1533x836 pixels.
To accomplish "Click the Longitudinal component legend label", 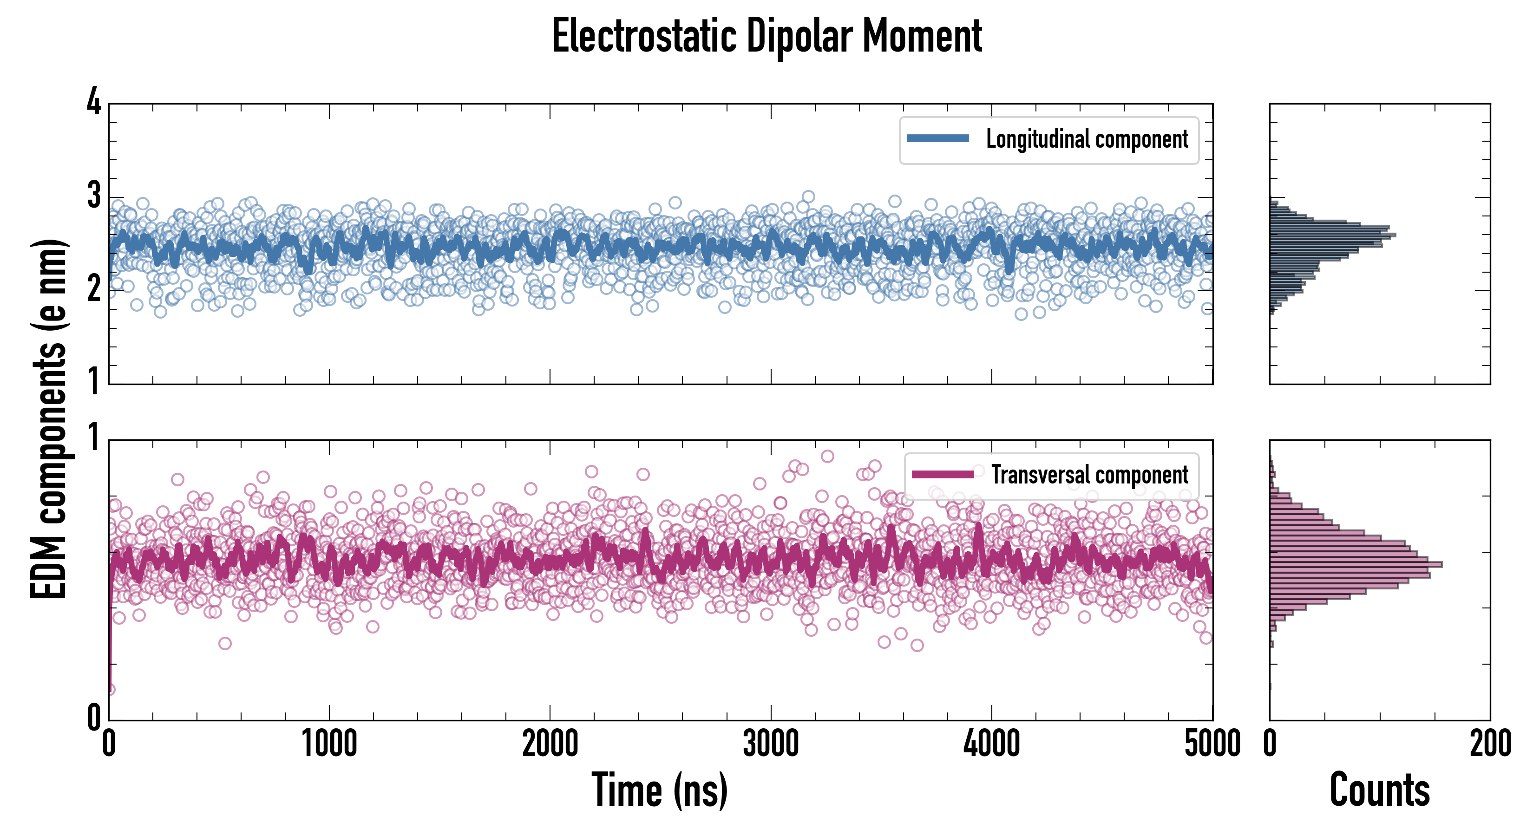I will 1087,139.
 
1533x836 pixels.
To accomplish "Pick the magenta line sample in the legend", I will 943,474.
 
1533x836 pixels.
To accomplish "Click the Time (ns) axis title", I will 659,790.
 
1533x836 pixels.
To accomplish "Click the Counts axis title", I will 1379,790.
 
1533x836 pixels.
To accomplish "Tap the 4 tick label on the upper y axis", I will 94,102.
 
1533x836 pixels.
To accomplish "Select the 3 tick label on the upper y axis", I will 94,196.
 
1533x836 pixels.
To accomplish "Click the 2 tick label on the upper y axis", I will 94,290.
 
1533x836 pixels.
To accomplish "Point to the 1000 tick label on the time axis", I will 329,744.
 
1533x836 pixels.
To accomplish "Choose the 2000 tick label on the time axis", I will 550,744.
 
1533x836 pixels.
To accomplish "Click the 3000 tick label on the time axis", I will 771,744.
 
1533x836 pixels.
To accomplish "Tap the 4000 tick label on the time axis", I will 991,744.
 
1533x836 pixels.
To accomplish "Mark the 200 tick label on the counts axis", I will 1489,744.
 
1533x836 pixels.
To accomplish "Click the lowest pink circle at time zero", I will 110,689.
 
